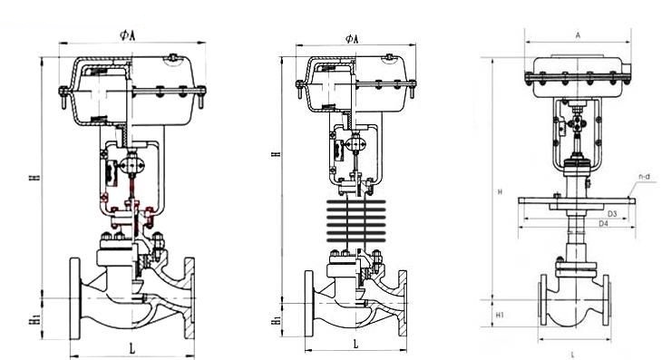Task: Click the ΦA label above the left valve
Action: (128, 35)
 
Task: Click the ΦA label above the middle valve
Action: (352, 39)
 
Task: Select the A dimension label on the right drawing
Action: (578, 36)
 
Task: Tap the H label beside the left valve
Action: (37, 176)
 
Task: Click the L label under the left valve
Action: (132, 348)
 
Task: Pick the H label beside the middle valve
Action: (277, 153)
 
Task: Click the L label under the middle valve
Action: (355, 344)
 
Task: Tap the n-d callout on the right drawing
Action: (645, 176)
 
